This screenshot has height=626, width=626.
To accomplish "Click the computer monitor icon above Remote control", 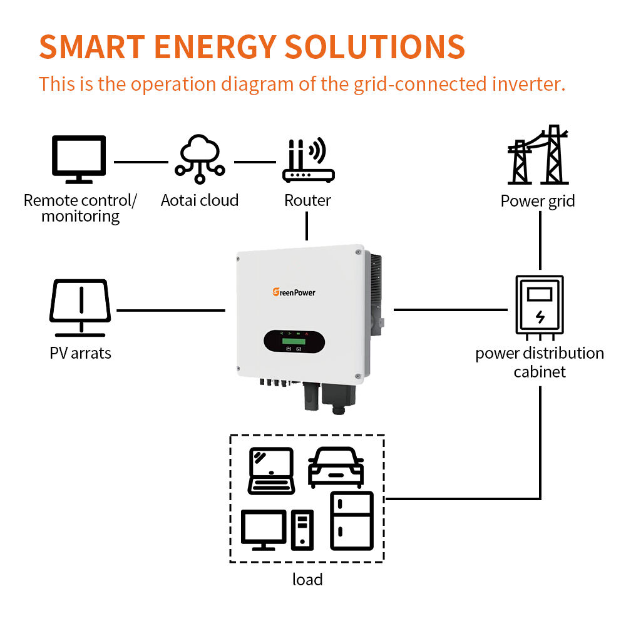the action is click(79, 159).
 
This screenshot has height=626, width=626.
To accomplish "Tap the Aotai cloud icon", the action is click(200, 159).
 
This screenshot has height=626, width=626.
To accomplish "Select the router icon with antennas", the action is click(308, 160).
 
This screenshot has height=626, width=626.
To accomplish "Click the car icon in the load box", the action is click(336, 468).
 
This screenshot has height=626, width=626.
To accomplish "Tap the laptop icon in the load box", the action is click(272, 471).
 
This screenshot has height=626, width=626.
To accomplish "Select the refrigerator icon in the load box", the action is click(352, 521).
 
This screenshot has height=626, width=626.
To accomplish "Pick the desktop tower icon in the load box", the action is click(302, 530).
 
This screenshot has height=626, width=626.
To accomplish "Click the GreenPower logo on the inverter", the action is click(294, 292).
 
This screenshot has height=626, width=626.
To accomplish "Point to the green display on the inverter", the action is click(294, 341).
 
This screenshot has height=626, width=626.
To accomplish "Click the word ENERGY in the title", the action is click(215, 47).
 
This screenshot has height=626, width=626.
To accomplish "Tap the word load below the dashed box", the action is click(307, 579).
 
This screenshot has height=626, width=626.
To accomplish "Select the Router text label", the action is click(307, 200).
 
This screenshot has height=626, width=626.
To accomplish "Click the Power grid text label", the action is click(538, 201).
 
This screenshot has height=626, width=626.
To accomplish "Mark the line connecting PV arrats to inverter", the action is click(171, 310).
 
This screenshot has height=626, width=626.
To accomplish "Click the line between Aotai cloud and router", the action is click(255, 162).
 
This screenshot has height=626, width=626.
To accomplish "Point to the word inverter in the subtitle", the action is click(529, 84).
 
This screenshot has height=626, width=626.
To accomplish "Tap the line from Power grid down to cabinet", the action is click(540, 240).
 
